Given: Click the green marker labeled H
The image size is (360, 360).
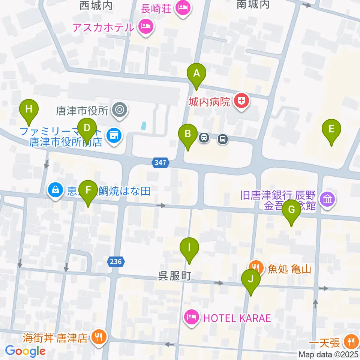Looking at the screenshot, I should (x=29, y=109).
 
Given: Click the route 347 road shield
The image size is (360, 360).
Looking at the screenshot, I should (x=161, y=163).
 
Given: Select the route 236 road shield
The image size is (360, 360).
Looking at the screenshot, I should (x=116, y=261).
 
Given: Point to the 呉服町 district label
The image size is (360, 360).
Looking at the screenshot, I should (x=175, y=276).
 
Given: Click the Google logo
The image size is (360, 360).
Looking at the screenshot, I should (x=25, y=351).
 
